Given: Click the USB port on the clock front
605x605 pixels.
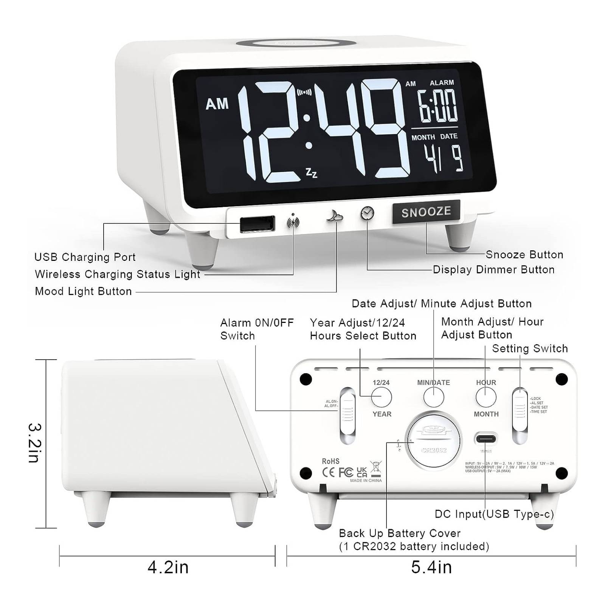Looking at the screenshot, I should pyautogui.click(x=257, y=224).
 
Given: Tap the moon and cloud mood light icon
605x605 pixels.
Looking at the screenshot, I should pyautogui.click(x=335, y=217).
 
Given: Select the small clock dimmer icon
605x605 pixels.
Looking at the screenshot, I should pyautogui.click(x=367, y=213).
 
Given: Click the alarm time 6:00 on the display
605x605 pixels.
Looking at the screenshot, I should pyautogui.click(x=437, y=106).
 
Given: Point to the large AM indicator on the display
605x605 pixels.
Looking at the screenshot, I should pyautogui.click(x=217, y=104).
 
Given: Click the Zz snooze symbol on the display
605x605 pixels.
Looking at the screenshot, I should pyautogui.click(x=312, y=173).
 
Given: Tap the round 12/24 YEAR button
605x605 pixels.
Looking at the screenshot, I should pyautogui.click(x=381, y=397).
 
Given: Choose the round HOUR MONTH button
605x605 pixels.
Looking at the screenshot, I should pyautogui.click(x=486, y=397).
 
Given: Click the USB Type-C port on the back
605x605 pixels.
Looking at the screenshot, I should pyautogui.click(x=486, y=439).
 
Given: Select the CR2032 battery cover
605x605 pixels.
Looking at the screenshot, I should pyautogui.click(x=433, y=441).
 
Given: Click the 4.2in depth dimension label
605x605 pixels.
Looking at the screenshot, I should pyautogui.click(x=168, y=567).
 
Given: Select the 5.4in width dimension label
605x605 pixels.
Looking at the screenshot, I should pyautogui.click(x=431, y=567).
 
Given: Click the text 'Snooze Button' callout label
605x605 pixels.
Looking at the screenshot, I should pyautogui.click(x=524, y=254).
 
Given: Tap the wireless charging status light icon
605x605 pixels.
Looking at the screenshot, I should pyautogui.click(x=293, y=222).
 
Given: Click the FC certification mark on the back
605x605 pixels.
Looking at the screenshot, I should pyautogui.click(x=346, y=472).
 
